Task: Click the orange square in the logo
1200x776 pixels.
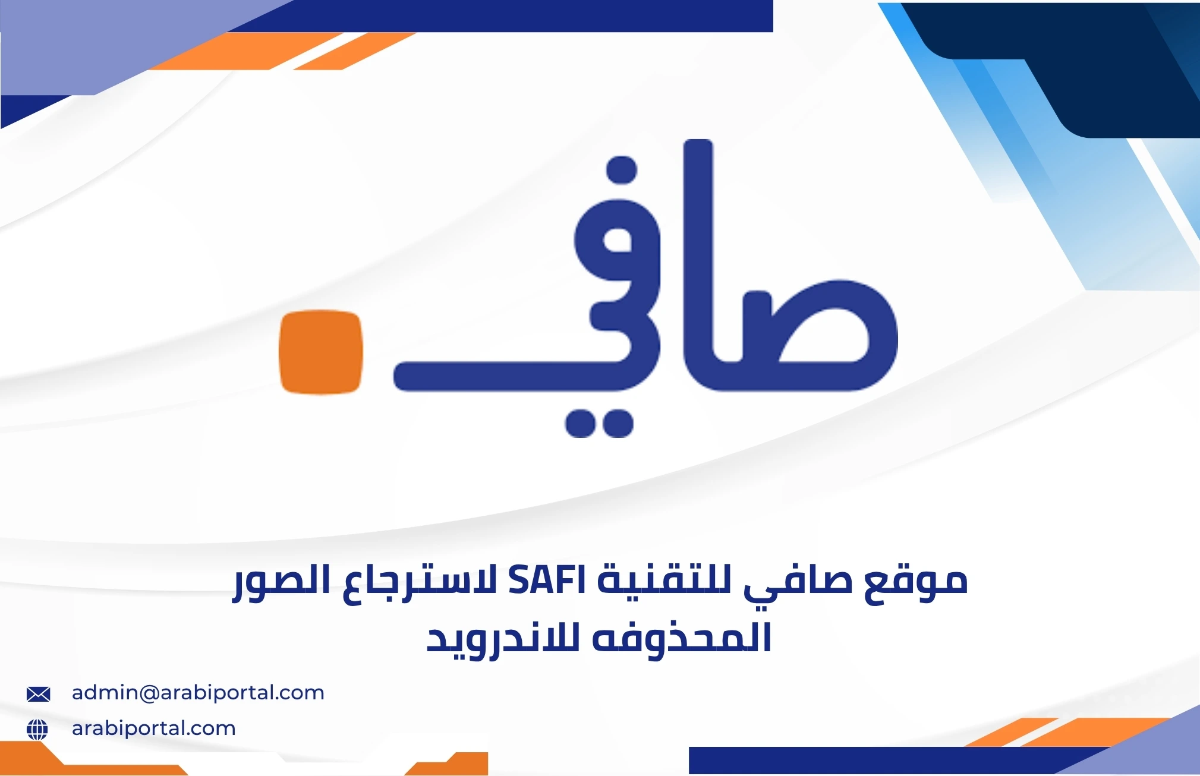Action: point(321,351)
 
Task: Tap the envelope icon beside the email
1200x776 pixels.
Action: point(39,694)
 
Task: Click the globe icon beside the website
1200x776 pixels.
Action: point(37,729)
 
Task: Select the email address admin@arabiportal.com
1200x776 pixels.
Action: point(198,693)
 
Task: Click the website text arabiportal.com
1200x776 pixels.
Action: point(153,728)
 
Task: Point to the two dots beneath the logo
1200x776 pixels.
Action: point(599,424)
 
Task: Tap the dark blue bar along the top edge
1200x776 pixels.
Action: point(505,15)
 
